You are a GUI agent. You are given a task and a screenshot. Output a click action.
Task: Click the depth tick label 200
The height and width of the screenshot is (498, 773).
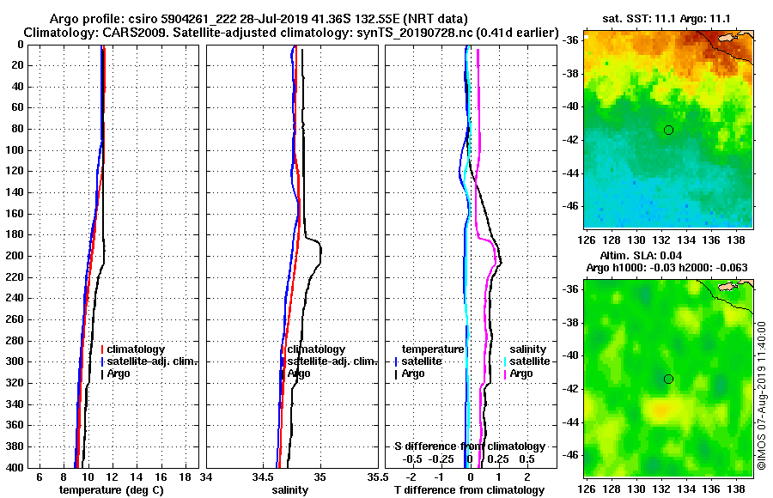(15, 256)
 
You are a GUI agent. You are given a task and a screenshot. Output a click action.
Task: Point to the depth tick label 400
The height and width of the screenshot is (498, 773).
(15, 468)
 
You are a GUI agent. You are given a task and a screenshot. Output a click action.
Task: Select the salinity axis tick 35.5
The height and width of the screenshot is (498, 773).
(374, 476)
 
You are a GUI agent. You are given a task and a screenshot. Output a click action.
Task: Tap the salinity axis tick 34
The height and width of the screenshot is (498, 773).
(207, 476)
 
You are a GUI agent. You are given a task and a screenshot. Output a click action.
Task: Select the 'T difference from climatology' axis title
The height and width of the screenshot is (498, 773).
(469, 489)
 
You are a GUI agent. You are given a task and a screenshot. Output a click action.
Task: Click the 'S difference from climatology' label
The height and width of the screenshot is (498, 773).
(470, 446)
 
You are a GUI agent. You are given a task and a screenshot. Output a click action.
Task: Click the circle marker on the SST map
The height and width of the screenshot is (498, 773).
(668, 130)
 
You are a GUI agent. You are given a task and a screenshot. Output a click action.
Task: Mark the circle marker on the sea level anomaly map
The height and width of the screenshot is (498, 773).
(668, 379)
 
